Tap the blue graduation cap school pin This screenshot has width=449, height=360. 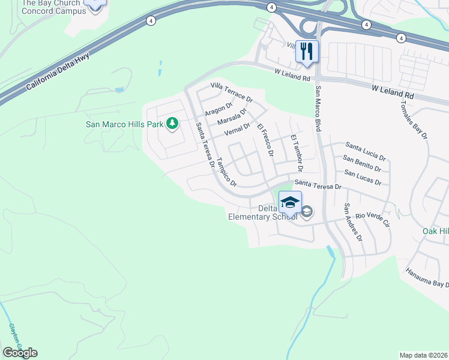point(290,202)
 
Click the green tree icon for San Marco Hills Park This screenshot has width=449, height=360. point(173,124)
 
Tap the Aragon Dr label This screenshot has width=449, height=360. point(218,109)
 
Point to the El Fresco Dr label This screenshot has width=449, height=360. point(265,141)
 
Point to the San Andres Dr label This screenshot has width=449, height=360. point(353,222)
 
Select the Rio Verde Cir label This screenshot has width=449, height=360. point(373,220)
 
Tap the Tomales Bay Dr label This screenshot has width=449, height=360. point(414,118)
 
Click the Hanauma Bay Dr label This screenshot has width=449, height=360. point(427,276)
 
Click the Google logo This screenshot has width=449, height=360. point(20,352)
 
